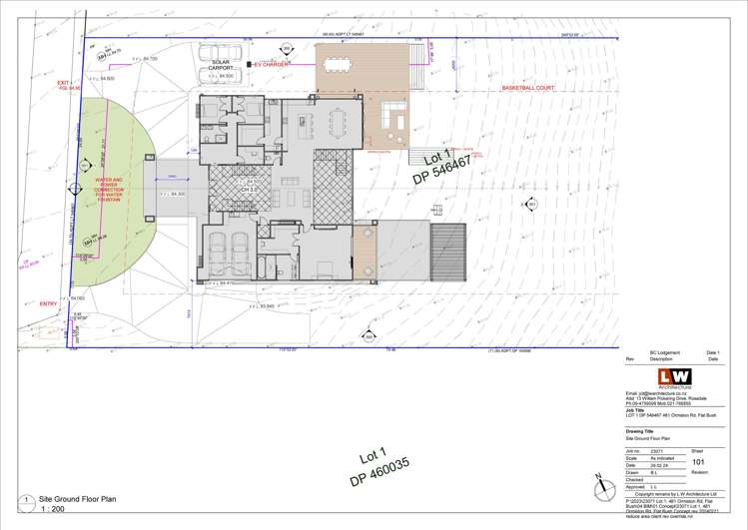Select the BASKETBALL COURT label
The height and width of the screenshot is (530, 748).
coord(527,88)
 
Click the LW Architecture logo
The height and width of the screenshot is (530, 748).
coord(673,377)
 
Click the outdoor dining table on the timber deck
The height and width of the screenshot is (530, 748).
coord(340,65)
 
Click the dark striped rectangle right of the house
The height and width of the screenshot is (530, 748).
coord(448,252)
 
